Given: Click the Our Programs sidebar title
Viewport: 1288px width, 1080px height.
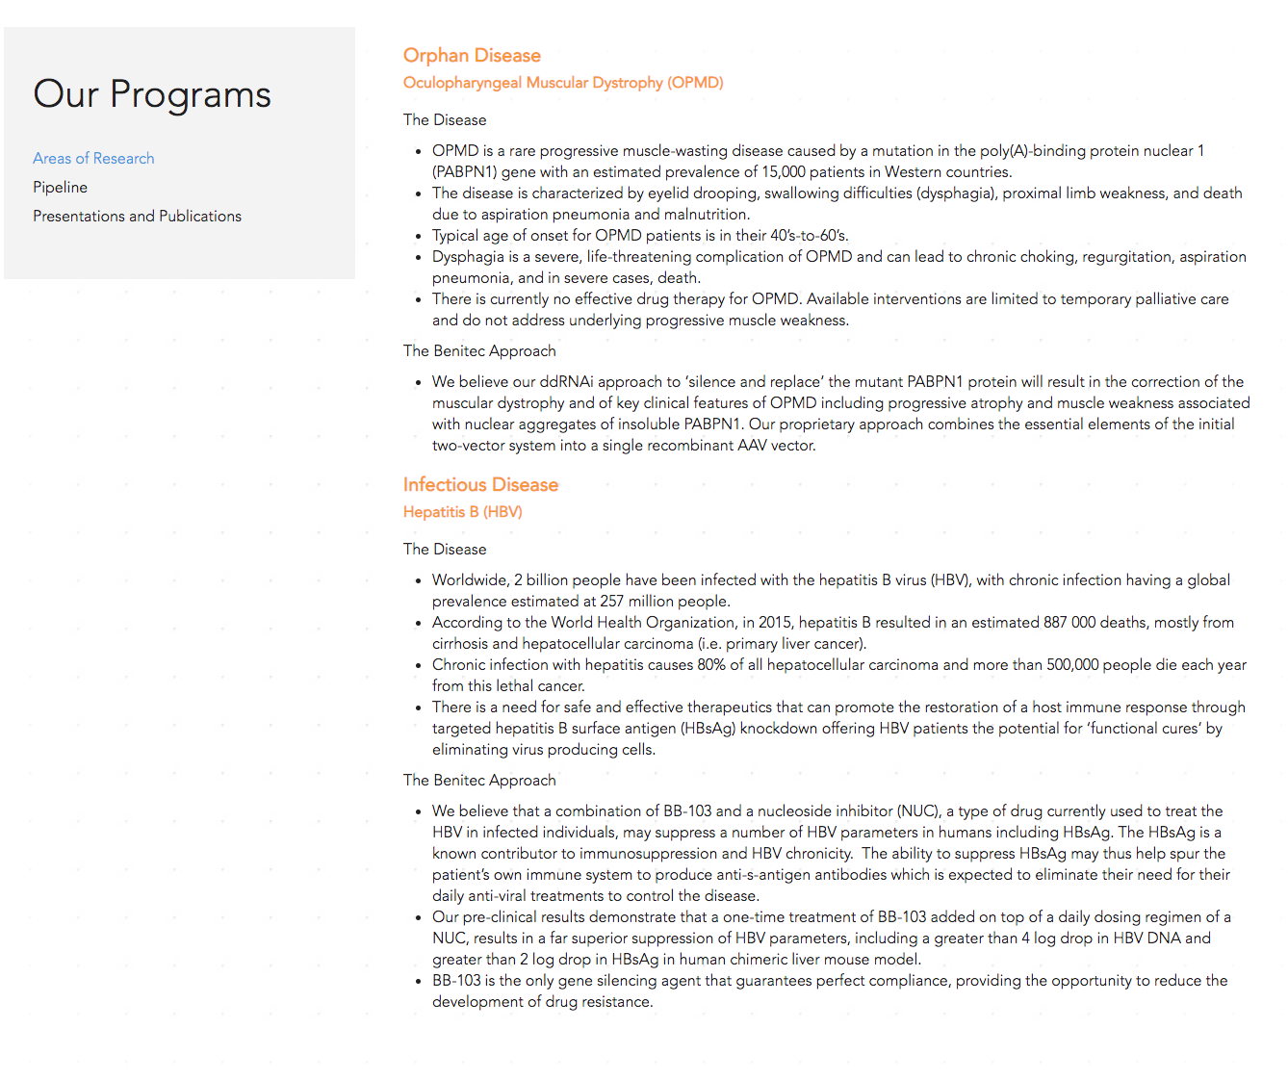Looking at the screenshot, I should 152,94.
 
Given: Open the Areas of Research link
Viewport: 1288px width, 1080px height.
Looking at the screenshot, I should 93,158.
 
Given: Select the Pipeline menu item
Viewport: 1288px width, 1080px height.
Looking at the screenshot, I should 60,187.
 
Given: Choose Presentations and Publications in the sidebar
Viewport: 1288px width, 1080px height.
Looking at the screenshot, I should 137,216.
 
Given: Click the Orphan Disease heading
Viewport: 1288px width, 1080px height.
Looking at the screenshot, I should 472,55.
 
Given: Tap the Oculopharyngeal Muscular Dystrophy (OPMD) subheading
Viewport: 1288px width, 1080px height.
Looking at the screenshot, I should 563,83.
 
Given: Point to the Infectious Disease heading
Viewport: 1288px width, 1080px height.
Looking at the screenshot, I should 480,484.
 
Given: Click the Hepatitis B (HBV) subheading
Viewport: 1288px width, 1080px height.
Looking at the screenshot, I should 462,512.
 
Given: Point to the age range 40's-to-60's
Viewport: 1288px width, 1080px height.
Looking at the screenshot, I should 809,236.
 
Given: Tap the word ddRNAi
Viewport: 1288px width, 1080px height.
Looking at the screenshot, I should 565,382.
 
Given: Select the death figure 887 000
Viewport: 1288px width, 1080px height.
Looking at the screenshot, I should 1069,623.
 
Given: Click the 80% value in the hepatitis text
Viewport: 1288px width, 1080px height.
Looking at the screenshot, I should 711,665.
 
